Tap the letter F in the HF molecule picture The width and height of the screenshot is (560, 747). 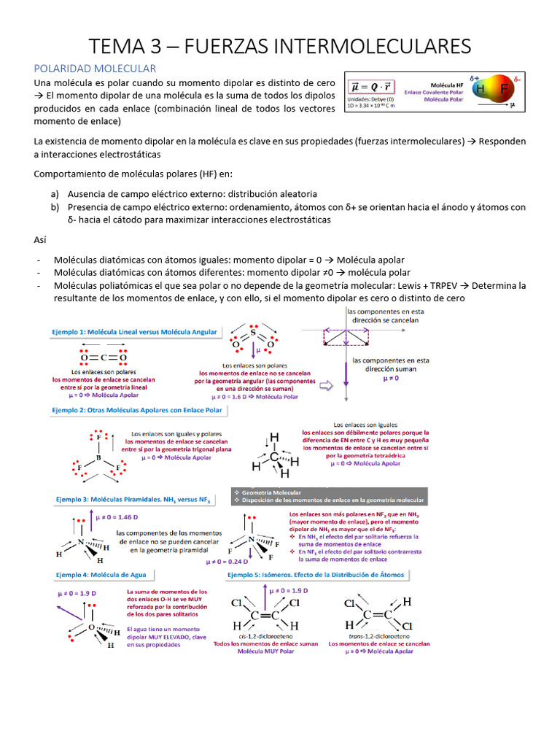click(x=503, y=89)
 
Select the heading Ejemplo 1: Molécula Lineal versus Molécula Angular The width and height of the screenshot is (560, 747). click(x=135, y=332)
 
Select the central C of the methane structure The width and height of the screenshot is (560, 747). click(x=273, y=457)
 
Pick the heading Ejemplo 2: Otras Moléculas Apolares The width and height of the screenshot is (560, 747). click(x=137, y=411)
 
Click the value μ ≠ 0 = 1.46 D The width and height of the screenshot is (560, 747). click(x=117, y=517)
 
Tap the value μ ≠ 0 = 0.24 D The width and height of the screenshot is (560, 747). click(x=227, y=562)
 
